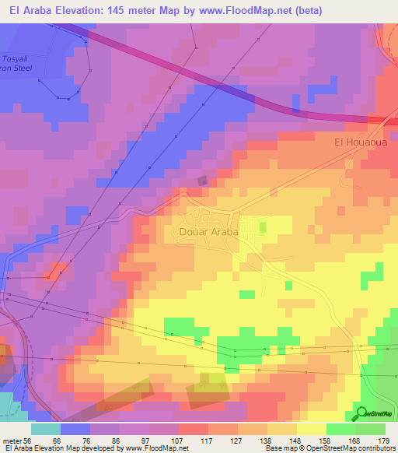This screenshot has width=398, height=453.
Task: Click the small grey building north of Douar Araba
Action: [202, 181]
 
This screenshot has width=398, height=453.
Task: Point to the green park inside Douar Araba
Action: [262, 227]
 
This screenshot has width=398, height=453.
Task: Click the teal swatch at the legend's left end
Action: [46, 429]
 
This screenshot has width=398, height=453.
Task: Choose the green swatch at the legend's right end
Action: [370, 429]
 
